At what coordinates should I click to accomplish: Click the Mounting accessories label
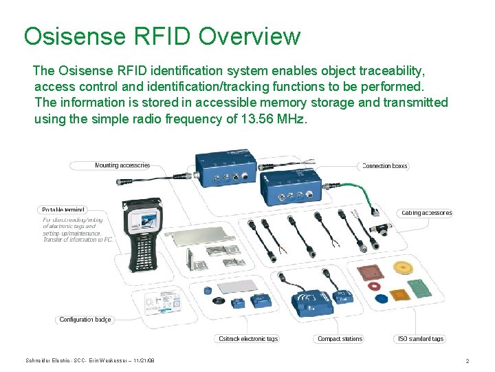[x=122, y=165]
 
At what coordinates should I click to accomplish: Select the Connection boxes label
[x=385, y=166]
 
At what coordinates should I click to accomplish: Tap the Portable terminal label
[x=63, y=209]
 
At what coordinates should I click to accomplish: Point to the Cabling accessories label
[x=426, y=213]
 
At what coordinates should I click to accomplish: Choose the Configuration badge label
[x=85, y=320]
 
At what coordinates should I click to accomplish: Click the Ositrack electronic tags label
[x=248, y=339]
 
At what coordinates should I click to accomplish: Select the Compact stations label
[x=340, y=339]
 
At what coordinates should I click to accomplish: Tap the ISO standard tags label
[x=420, y=339]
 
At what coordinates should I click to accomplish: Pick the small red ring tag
[x=375, y=285]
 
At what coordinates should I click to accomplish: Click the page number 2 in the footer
[x=467, y=361]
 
